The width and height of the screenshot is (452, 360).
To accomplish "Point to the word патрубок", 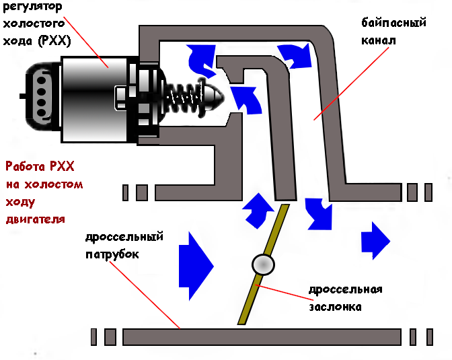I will [x=112, y=254].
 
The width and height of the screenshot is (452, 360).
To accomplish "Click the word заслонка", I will [x=335, y=307].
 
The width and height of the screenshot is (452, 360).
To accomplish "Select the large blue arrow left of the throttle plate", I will [x=196, y=264].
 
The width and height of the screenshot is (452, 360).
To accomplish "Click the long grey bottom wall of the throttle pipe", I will [x=262, y=335].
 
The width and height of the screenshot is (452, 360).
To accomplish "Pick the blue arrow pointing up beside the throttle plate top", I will [x=257, y=209].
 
